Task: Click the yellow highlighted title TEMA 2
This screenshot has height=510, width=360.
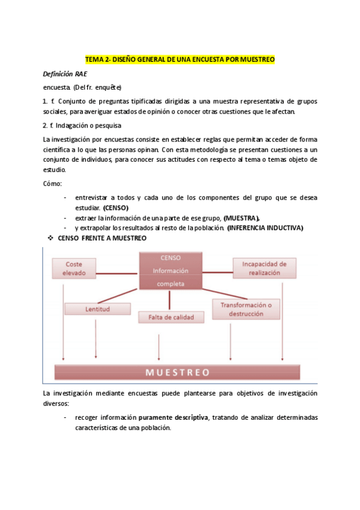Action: pyautogui.click(x=180, y=60)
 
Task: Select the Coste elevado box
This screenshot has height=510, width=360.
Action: pyautogui.click(x=74, y=268)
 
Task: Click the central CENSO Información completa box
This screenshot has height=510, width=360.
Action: pyautogui.click(x=171, y=271)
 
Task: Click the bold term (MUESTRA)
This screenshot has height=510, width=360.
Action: pyautogui.click(x=242, y=218)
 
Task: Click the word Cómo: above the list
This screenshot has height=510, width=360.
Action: pyautogui.click(x=52, y=183)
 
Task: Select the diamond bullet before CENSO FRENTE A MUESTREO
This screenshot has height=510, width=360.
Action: pyautogui.click(x=51, y=239)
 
